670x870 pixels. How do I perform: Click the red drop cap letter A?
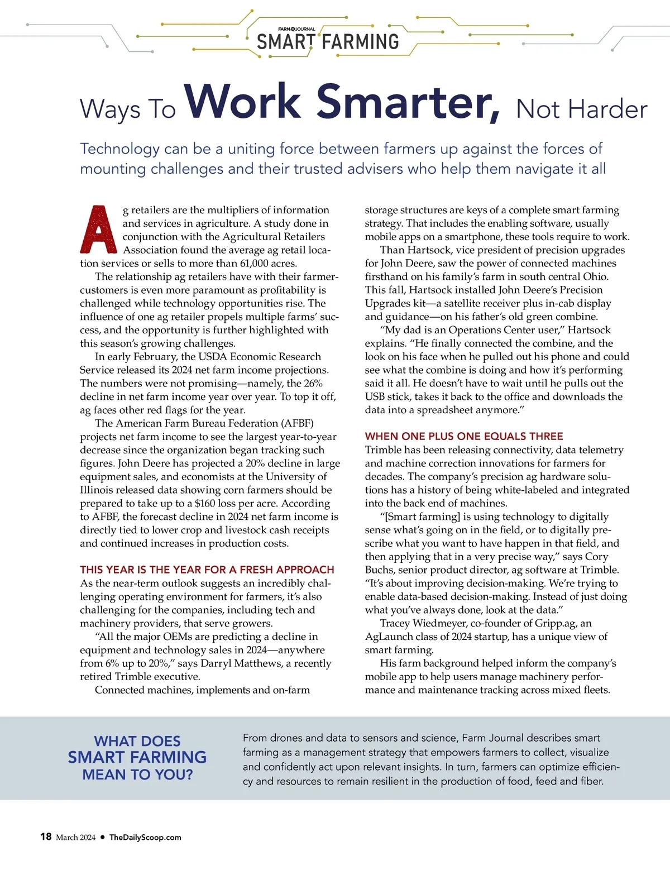[97, 230]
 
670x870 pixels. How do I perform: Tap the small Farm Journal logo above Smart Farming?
[296, 29]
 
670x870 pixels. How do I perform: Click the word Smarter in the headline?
[408, 102]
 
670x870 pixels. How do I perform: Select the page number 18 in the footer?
[46, 836]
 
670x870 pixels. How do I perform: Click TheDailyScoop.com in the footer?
[145, 837]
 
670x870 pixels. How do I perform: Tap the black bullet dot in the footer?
[102, 837]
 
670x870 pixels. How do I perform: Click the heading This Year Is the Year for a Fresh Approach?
[207, 570]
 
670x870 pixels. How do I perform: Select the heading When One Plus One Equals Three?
[464, 436]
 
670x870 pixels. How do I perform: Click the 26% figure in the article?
[313, 383]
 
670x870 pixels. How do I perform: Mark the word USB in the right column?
[376, 396]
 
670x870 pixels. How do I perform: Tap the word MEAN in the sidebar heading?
[102, 775]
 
